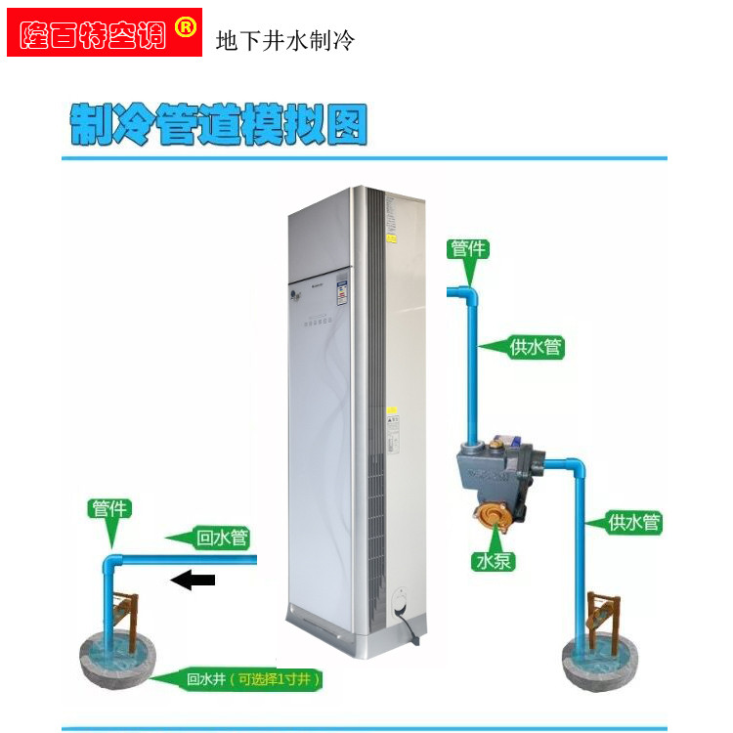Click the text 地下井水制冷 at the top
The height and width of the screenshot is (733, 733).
[284, 41]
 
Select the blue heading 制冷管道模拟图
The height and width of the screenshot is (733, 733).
[219, 125]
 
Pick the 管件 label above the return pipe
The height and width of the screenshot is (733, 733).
[109, 509]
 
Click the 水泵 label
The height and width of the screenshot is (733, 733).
[495, 561]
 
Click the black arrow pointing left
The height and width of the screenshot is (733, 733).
[193, 581]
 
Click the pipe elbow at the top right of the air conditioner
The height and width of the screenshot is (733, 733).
[469, 292]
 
